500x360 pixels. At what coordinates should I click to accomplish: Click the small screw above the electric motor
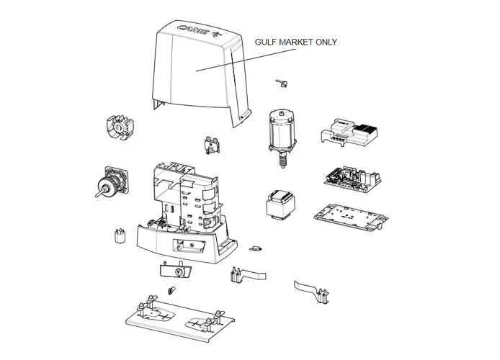[282, 84]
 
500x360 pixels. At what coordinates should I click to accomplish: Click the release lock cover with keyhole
[177, 271]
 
